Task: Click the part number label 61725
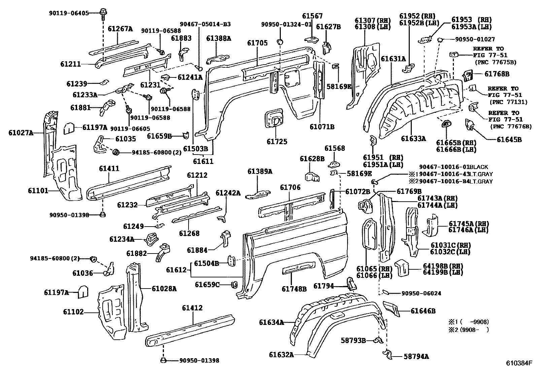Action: (x=277, y=141)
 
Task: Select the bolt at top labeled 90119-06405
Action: (x=102, y=13)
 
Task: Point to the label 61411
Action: (x=109, y=168)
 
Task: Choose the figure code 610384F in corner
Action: (x=519, y=363)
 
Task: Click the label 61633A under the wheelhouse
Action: (x=413, y=138)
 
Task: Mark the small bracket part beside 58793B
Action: (x=378, y=340)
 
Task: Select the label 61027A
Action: (x=21, y=133)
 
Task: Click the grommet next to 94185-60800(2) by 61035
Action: (x=116, y=152)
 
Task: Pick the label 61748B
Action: (x=294, y=288)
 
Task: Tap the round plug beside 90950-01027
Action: (x=440, y=40)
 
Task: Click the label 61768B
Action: (x=497, y=74)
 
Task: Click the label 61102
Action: (x=73, y=312)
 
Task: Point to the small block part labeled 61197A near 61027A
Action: (x=69, y=128)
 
